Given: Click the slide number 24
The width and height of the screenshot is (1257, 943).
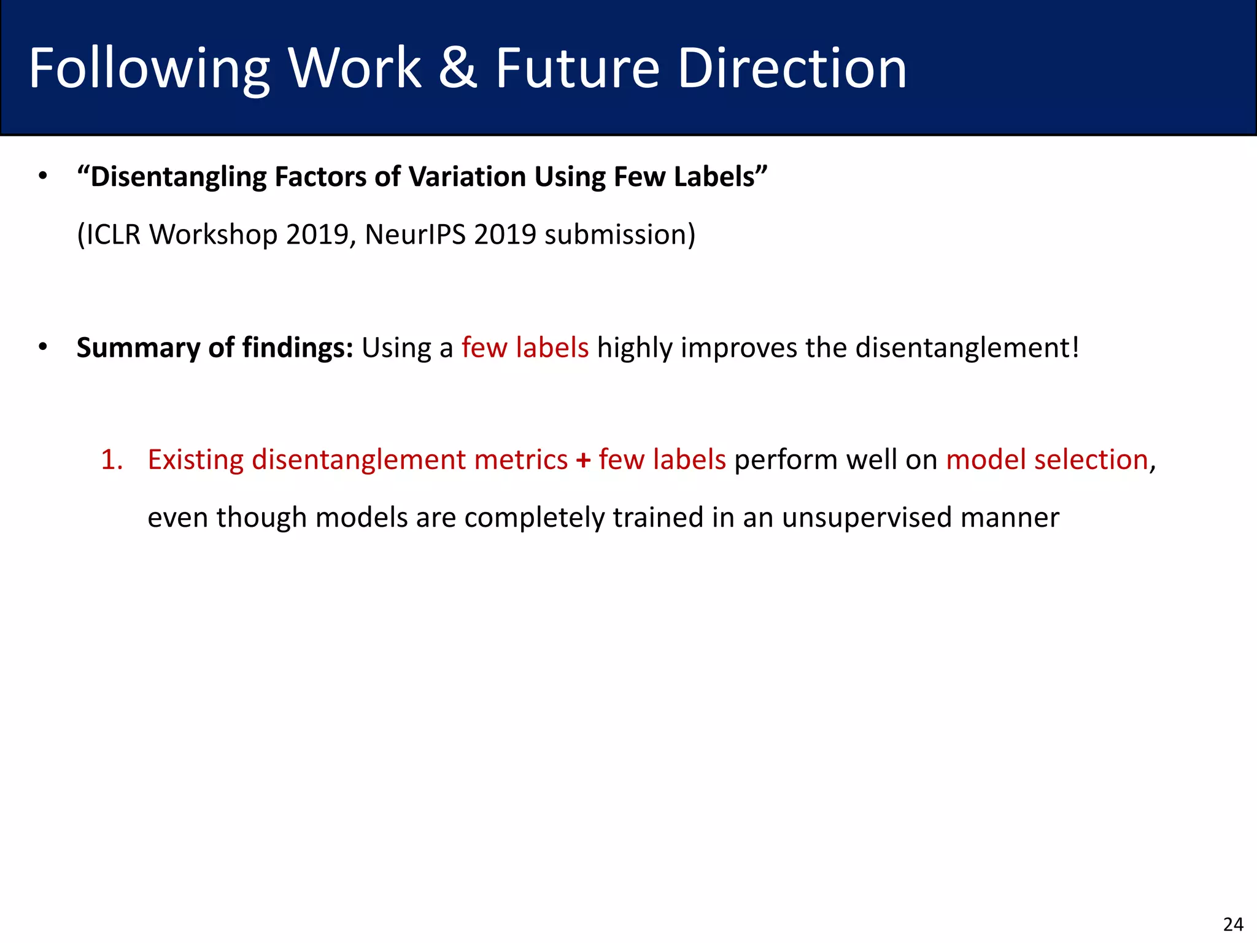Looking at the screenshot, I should click(x=1233, y=924).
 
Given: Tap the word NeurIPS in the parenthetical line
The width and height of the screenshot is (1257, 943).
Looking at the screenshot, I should click(x=416, y=235).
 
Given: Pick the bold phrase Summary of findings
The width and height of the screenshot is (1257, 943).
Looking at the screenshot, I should click(x=215, y=348).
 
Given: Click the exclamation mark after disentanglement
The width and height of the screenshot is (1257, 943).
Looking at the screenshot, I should click(x=1074, y=347).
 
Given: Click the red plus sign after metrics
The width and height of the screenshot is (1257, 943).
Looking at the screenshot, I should click(x=583, y=460).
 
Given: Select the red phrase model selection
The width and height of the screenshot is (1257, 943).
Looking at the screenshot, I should click(x=1047, y=460).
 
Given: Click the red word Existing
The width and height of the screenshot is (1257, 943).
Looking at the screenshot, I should click(x=196, y=460).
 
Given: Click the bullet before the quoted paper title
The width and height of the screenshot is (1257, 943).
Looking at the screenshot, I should click(x=42, y=177).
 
